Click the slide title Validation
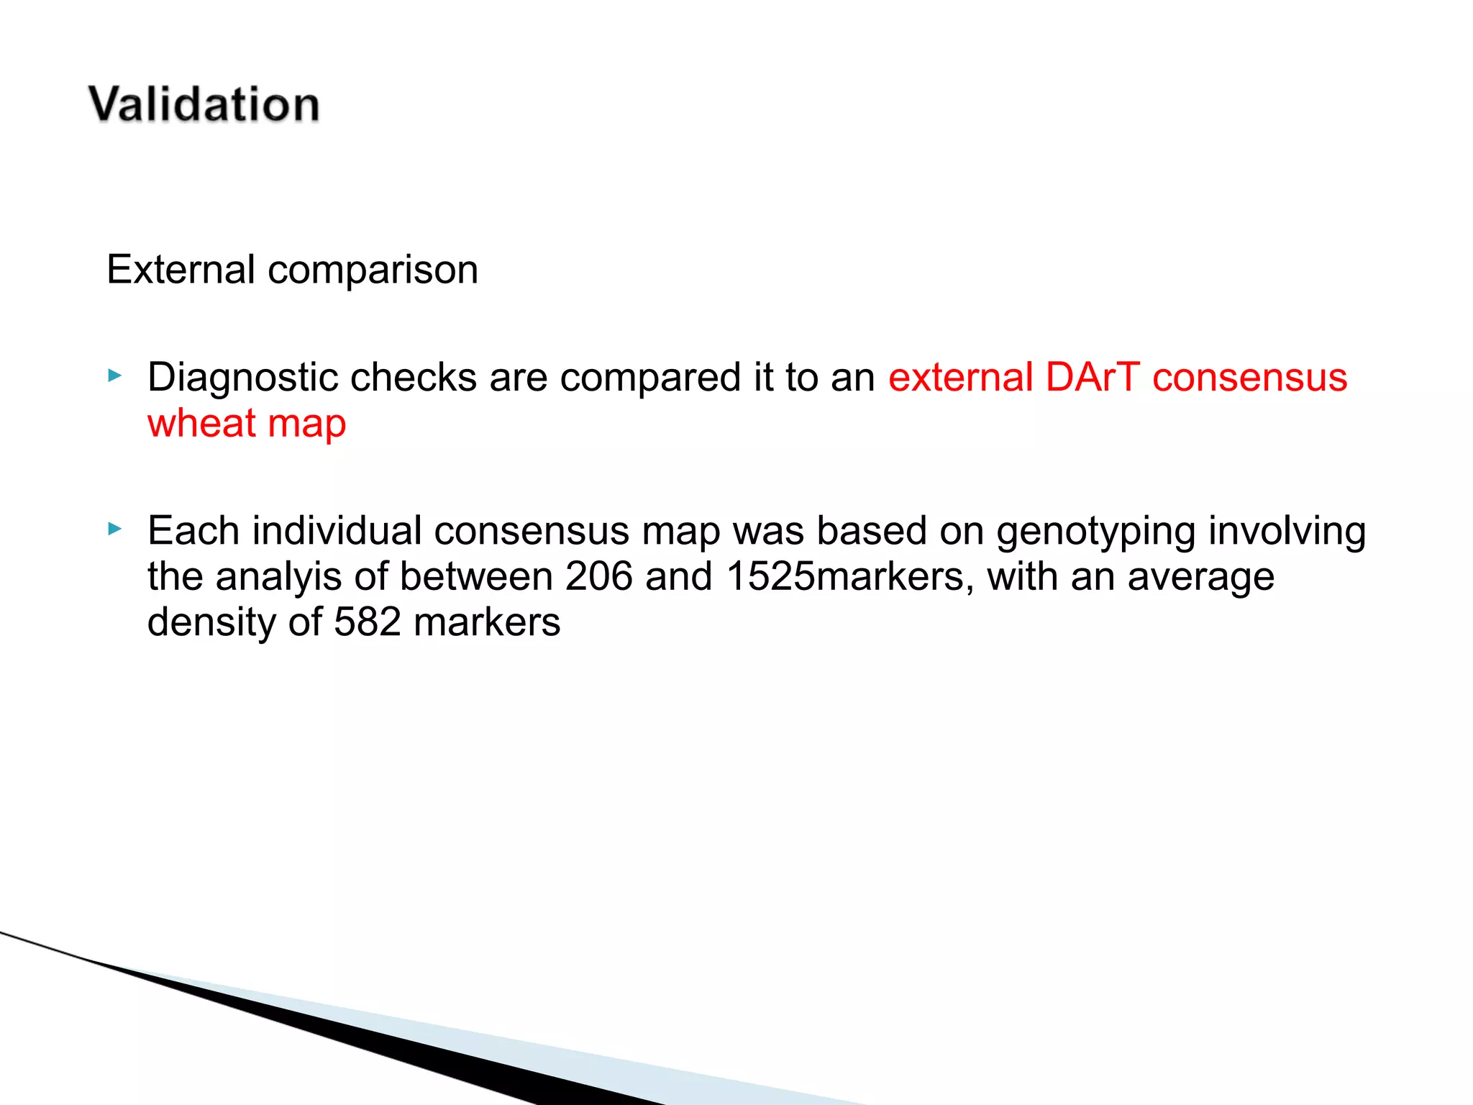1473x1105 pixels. pos(204,105)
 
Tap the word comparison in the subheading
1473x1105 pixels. pos(373,271)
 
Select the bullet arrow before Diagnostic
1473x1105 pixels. pos(115,376)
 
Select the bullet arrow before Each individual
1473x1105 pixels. pos(115,529)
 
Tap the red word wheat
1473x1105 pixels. pos(201,423)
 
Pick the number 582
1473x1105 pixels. pos(367,622)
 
